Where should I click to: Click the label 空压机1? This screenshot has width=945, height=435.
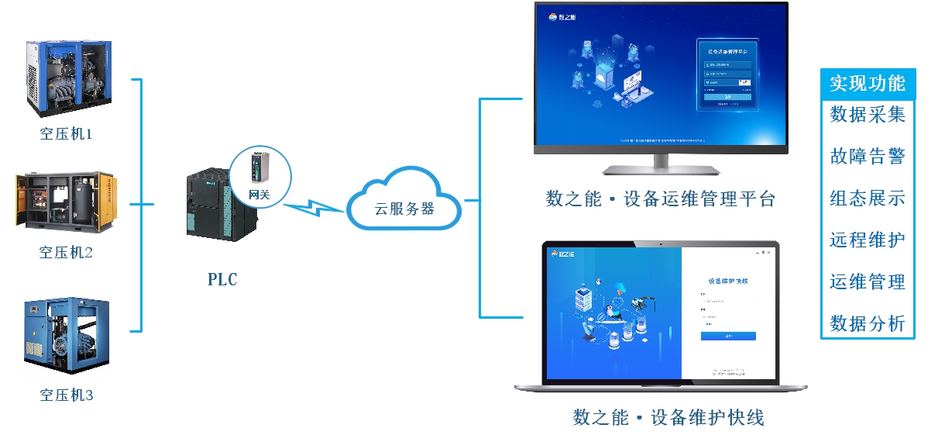(x=66, y=134)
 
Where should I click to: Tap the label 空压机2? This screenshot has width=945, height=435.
(x=66, y=253)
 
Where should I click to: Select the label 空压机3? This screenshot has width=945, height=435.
(x=66, y=395)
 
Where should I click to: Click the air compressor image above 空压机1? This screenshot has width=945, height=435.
(x=67, y=76)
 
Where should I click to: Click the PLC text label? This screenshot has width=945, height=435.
(x=222, y=280)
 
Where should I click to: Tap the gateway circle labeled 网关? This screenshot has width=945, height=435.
(x=259, y=174)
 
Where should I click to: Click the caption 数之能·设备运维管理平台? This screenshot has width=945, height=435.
(x=660, y=199)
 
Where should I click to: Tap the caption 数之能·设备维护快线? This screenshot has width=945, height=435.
(x=668, y=418)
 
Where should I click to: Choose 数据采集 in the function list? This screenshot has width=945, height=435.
(x=868, y=115)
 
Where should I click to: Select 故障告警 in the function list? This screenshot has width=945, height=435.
(x=868, y=156)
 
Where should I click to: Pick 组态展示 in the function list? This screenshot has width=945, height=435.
(x=868, y=198)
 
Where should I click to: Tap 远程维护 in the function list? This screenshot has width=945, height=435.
(x=868, y=240)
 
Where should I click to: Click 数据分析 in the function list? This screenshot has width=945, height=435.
(x=868, y=323)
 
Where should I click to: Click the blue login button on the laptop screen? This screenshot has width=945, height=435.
(x=728, y=336)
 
